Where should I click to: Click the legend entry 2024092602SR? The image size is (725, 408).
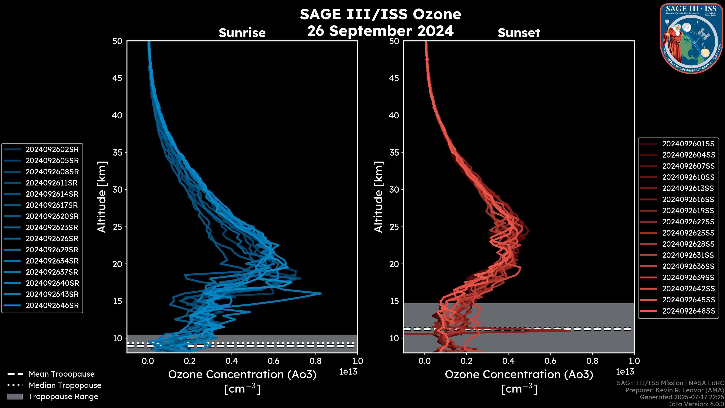[52, 150]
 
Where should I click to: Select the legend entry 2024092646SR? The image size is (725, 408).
[52, 305]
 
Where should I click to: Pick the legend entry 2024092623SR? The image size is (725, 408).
[52, 227]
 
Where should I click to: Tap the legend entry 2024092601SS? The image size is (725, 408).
[688, 144]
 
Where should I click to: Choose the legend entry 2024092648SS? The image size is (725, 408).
[688, 311]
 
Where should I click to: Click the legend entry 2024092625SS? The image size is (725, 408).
[688, 233]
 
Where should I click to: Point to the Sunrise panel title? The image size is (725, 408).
[242, 33]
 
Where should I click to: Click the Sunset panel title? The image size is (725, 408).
[519, 33]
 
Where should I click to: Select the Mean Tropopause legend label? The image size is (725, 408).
[62, 374]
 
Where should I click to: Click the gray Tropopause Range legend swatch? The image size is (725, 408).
[15, 396]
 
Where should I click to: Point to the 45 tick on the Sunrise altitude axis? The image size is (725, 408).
[117, 78]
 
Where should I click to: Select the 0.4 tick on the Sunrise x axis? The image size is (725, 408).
[232, 361]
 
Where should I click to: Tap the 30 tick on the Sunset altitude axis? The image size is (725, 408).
[394, 189]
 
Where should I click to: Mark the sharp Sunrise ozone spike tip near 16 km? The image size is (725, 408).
[321, 293]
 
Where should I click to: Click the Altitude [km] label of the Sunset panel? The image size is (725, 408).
[379, 197]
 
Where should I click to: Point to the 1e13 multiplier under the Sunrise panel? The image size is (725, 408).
[348, 372]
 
